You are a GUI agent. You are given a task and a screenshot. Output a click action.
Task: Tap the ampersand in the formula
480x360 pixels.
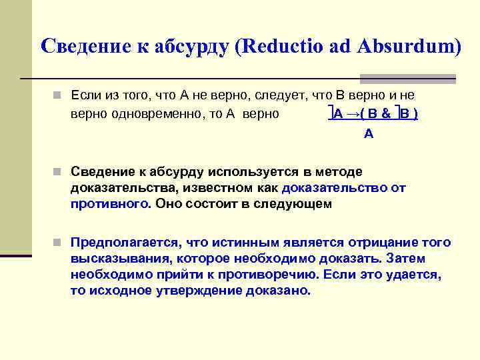tap(386, 114)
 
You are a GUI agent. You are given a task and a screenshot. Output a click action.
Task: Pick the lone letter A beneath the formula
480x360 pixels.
tap(369, 134)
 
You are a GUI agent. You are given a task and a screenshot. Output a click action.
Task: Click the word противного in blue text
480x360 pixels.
tap(110, 204)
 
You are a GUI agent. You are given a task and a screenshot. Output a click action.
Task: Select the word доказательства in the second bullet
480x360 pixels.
tap(114, 188)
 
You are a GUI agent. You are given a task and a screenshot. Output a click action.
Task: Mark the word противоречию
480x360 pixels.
tap(269, 275)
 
